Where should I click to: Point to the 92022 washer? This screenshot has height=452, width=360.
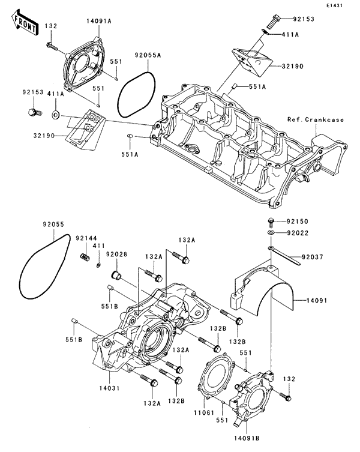point(271,232)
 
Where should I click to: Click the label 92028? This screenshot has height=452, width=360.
point(116,255)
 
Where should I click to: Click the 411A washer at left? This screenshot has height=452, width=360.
point(56,113)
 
